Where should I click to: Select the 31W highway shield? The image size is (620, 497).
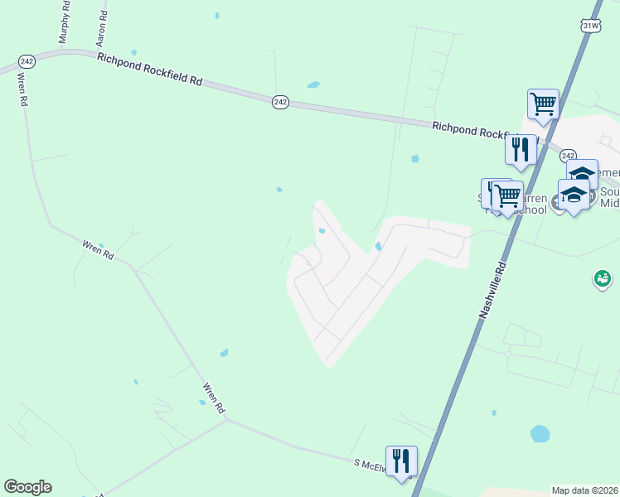click(x=590, y=26)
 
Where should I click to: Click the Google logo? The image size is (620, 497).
click(x=27, y=487)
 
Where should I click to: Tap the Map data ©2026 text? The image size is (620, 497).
click(x=584, y=490)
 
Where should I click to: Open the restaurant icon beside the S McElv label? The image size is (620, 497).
click(x=401, y=460)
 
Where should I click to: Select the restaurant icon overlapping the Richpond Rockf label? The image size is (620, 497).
click(x=521, y=149)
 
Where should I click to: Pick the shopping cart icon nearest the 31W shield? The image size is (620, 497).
click(x=543, y=104)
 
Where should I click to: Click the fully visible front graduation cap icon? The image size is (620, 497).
click(x=574, y=195)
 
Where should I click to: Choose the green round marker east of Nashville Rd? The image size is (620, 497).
click(x=602, y=279)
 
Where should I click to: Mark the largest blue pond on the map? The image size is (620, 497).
click(x=540, y=433)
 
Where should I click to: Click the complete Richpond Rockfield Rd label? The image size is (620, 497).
click(x=150, y=70)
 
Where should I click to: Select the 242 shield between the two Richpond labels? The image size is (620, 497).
click(x=280, y=101)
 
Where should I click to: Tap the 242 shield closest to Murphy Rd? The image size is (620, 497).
click(x=27, y=60)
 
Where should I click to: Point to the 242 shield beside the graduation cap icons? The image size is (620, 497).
click(x=568, y=156)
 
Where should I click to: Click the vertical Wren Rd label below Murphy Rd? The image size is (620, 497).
click(x=22, y=89)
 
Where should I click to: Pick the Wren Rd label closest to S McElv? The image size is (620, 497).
click(x=214, y=398)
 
